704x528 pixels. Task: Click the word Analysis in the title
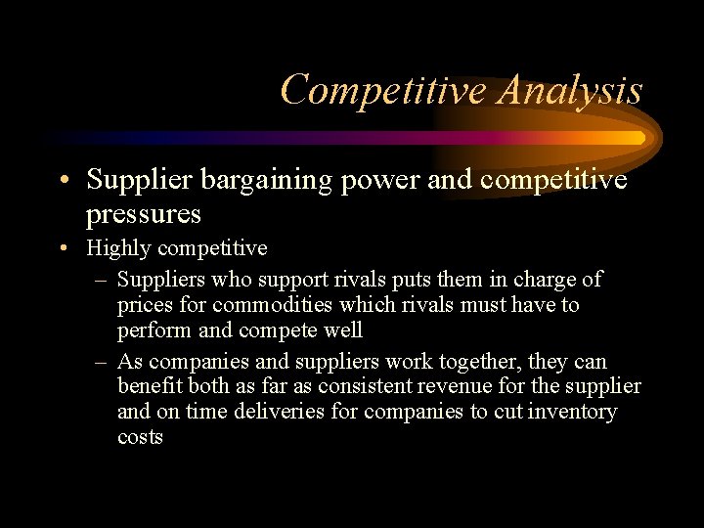point(570,90)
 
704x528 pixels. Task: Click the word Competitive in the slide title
point(383,90)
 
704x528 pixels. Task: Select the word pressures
point(144,213)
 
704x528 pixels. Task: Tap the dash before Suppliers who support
point(102,280)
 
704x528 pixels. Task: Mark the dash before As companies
point(102,362)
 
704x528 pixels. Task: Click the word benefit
point(150,386)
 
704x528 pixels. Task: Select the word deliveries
point(279,412)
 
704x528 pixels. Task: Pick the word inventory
point(572,412)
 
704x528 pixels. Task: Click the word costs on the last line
point(140,438)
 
